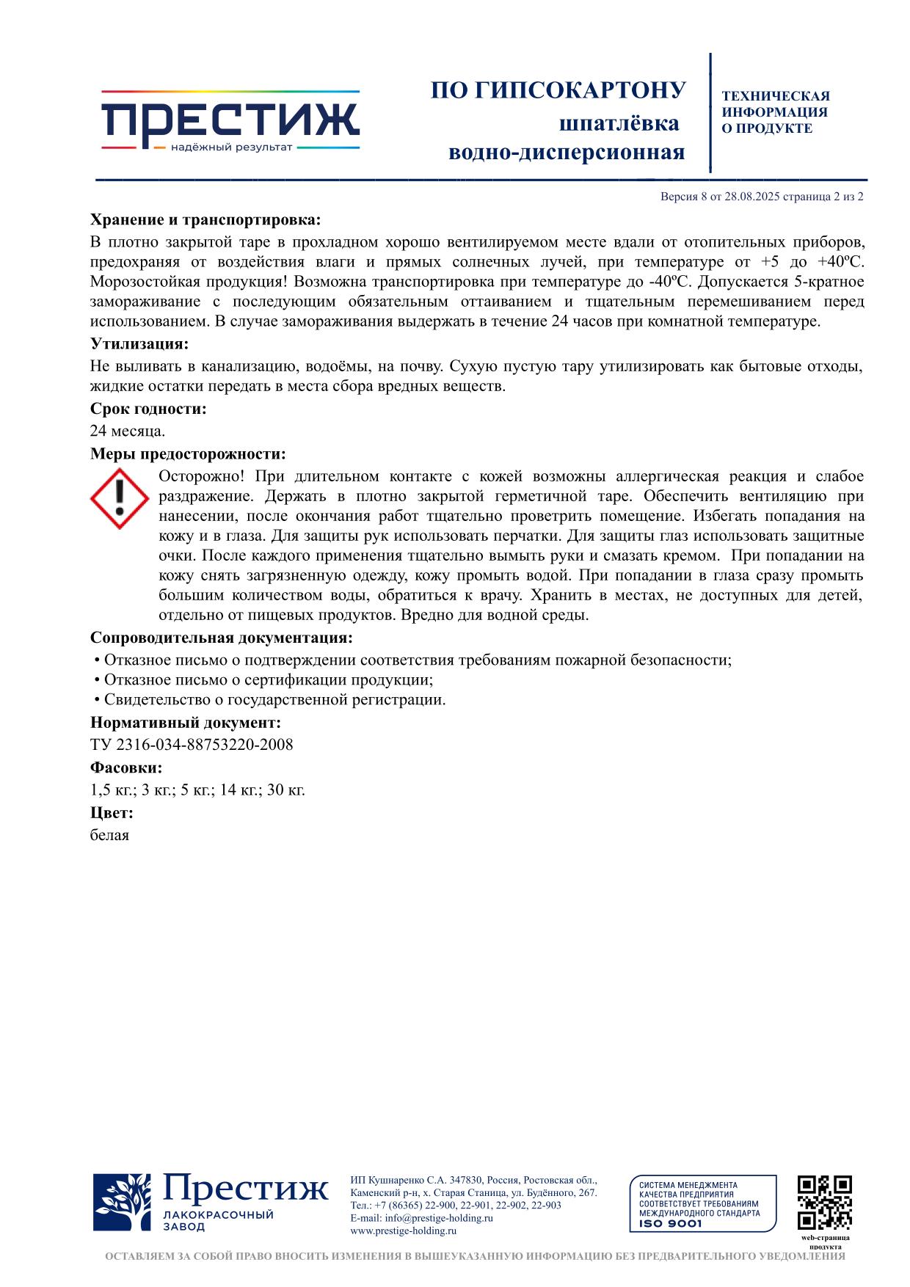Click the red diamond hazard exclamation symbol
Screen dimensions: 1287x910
119,499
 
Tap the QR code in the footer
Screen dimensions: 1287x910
824,1202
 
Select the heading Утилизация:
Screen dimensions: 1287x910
139,344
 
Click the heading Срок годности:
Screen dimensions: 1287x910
148,409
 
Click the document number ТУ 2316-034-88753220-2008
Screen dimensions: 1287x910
192,745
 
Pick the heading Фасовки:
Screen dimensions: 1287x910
126,768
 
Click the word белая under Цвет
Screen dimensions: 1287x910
109,835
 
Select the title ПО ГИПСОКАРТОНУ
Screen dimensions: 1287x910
558,91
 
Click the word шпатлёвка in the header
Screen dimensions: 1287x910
619,123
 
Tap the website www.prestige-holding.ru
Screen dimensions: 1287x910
404,1231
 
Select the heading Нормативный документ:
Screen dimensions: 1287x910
186,722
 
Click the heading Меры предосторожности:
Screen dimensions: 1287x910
188,454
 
